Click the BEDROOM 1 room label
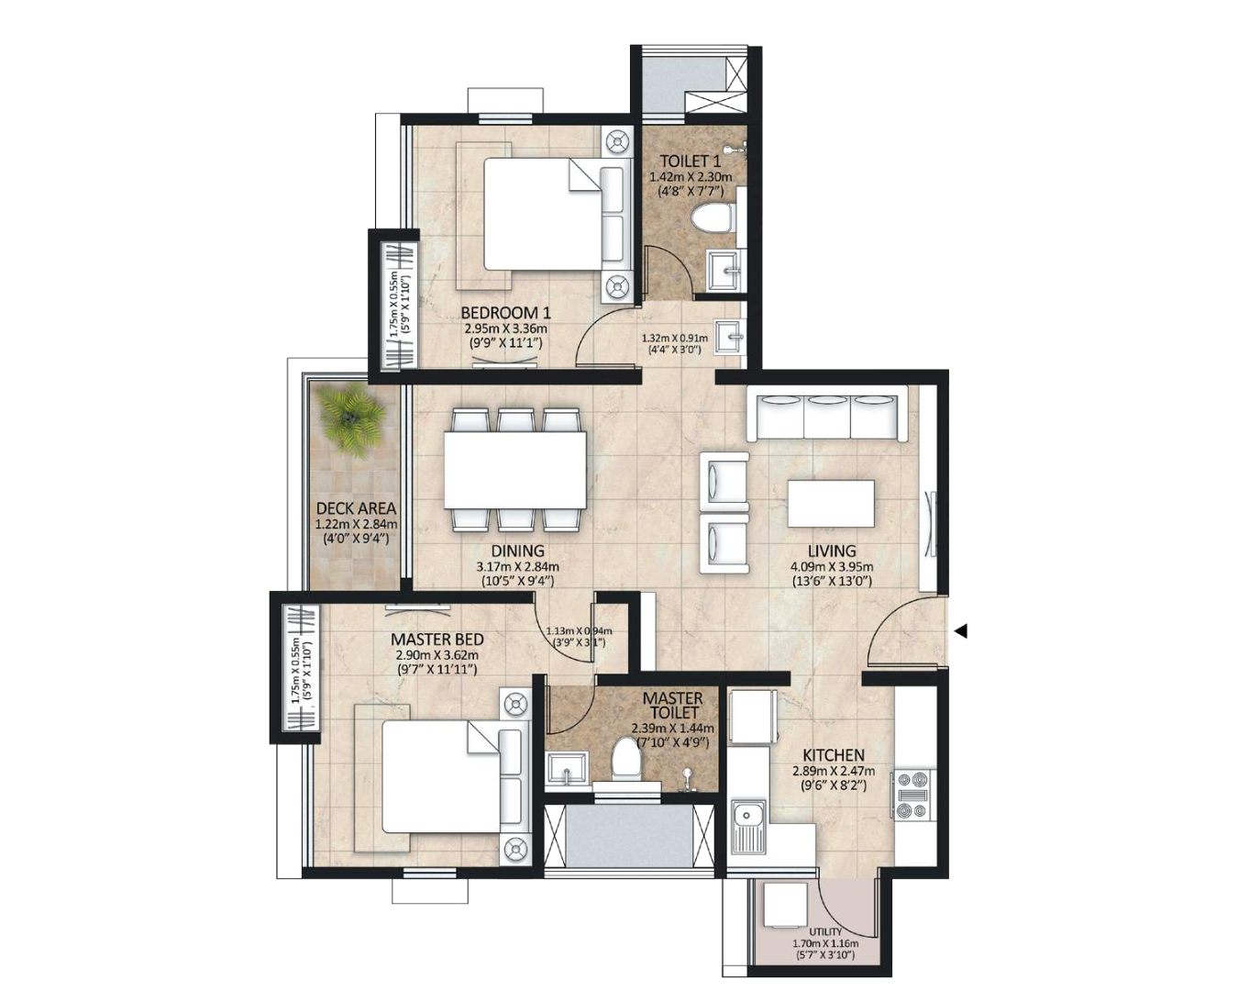pos(505,313)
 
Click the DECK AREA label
pos(356,508)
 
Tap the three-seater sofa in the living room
pos(827,416)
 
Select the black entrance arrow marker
pos(960,631)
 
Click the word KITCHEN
pos(834,755)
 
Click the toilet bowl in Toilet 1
pos(714,219)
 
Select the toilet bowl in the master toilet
pos(625,759)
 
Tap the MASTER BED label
pos(437,640)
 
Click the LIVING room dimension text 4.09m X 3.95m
pos(832,565)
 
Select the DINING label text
pos(518,551)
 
